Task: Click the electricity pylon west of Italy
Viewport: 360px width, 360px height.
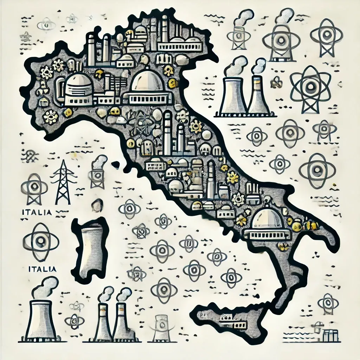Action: (63, 183)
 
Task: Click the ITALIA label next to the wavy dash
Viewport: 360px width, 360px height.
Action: (37, 212)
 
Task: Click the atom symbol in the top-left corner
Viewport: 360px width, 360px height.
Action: (46, 24)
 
